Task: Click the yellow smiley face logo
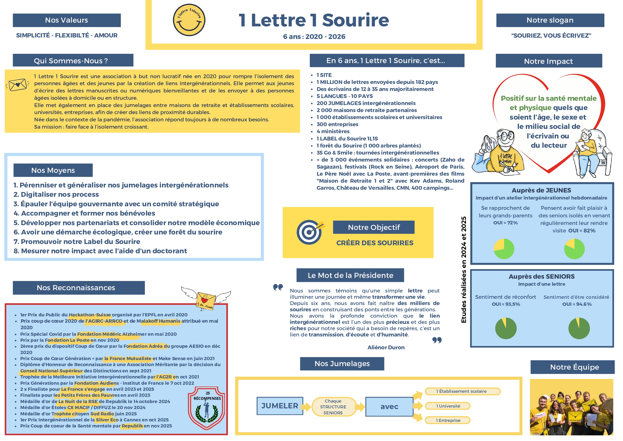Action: [189, 20]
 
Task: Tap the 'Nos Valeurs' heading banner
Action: [67, 20]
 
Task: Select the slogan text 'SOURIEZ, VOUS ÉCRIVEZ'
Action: [551, 36]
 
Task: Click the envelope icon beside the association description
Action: [18, 85]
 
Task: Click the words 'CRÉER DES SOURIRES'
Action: [375, 243]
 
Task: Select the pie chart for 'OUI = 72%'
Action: [504, 249]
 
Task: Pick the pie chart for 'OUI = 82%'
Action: [574, 249]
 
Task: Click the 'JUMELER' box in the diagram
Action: [280, 406]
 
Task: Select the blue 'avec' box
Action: [389, 407]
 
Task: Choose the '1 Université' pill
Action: [448, 406]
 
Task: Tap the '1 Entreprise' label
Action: [448, 420]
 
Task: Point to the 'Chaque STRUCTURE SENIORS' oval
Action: [333, 407]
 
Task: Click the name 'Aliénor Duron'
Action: [386, 347]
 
